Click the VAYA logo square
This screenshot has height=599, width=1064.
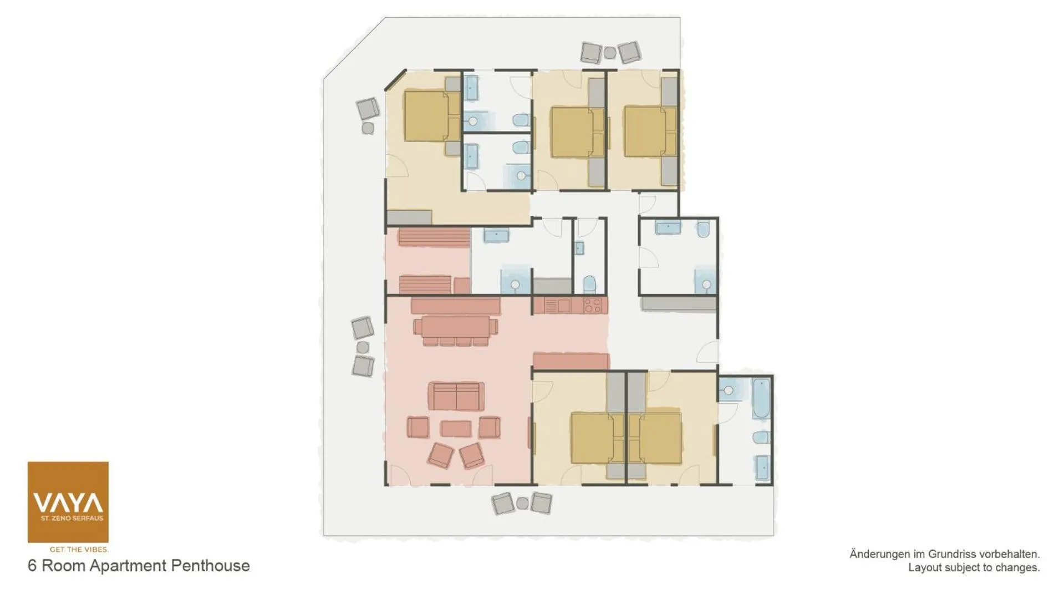click(x=68, y=502)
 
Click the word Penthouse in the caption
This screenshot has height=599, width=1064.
click(x=210, y=566)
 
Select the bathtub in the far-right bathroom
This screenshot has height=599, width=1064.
click(x=761, y=399)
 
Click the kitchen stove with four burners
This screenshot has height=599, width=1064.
click(x=593, y=305)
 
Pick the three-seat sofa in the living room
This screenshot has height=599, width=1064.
click(x=456, y=396)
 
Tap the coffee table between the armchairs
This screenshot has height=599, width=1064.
click(x=456, y=428)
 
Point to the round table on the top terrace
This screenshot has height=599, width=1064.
click(x=610, y=53)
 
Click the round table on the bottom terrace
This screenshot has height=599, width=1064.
click(x=522, y=504)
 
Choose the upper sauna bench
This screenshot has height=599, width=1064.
click(x=434, y=237)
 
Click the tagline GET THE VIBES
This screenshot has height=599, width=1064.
click(x=79, y=550)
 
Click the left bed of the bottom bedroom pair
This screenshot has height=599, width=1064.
click(x=592, y=438)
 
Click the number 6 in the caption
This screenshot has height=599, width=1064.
click(x=32, y=566)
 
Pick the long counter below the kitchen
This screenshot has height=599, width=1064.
click(x=571, y=361)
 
